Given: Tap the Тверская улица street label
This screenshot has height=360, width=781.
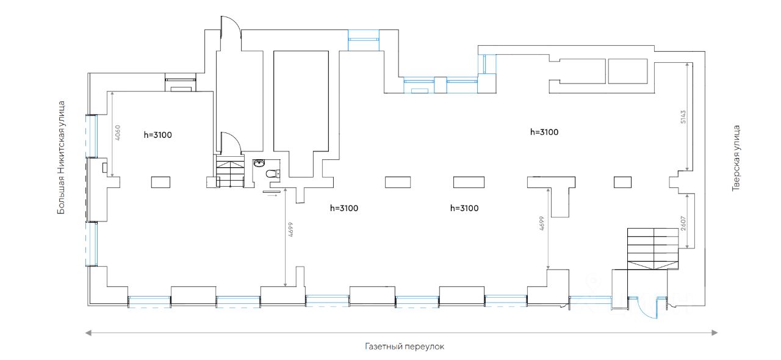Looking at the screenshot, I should click(736, 159).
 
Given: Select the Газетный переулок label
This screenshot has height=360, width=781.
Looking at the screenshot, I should click(405, 347).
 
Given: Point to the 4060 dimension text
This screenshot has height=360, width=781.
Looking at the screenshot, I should click(118, 133).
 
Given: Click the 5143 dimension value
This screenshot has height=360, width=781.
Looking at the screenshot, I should click(684, 117).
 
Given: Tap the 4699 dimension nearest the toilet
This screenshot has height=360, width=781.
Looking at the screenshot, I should click(290, 228).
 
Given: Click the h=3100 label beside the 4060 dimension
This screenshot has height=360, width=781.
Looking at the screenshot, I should click(158, 135).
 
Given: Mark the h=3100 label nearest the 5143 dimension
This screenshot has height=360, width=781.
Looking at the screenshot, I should click(544, 132).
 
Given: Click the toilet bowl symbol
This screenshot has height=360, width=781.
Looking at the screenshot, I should click(272, 174).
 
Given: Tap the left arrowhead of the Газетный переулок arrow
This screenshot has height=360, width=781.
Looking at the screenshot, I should click(88, 333).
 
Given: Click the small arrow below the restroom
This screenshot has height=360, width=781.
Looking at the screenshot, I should click(272, 196).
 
